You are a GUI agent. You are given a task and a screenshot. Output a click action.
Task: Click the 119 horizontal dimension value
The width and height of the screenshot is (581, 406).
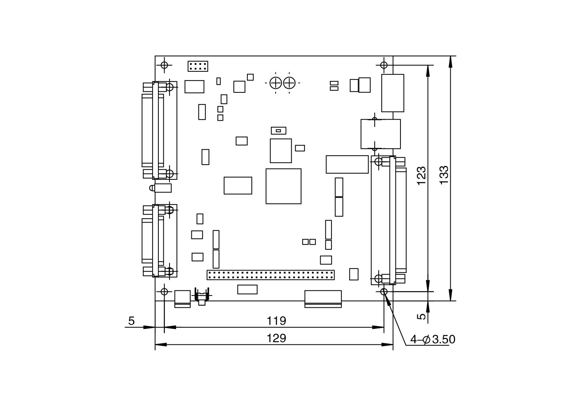point(276,321)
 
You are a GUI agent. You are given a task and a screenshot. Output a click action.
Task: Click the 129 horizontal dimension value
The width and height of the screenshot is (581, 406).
point(276,338)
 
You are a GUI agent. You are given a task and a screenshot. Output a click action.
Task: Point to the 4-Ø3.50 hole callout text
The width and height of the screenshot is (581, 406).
point(432,340)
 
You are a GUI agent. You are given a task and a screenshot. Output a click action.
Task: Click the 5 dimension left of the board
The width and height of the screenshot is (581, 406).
point(131,321)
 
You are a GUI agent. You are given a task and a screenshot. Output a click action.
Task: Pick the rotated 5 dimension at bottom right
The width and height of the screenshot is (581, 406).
point(421,316)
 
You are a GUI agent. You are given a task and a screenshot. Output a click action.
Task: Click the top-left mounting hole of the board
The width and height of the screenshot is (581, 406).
point(164,65)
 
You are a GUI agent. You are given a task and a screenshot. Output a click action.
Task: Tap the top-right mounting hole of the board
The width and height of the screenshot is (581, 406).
point(384,65)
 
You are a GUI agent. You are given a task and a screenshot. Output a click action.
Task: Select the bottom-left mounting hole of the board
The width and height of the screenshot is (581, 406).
point(164,291)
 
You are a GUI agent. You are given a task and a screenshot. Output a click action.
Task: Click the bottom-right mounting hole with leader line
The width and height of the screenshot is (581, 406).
point(384,291)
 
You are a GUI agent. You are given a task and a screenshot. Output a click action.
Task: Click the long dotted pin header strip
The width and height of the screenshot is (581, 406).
point(271,275)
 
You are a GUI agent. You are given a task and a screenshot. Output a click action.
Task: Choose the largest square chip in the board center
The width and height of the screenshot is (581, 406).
point(283,186)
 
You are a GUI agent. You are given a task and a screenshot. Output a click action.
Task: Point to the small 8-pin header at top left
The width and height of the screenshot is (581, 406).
point(198,66)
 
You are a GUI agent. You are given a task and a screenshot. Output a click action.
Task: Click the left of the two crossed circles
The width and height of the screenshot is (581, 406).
point(276,83)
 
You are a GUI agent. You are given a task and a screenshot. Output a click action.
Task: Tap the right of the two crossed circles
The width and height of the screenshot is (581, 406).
point(289,83)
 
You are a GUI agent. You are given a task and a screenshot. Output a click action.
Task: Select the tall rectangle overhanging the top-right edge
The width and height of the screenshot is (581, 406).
point(393,93)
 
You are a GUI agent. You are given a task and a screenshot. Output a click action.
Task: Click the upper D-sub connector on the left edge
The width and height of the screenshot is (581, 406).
point(159,130)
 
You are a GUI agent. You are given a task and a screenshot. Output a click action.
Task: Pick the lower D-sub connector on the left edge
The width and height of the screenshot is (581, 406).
point(159,241)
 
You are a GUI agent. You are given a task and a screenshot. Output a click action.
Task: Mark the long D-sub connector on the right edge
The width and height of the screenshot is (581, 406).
point(393,220)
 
